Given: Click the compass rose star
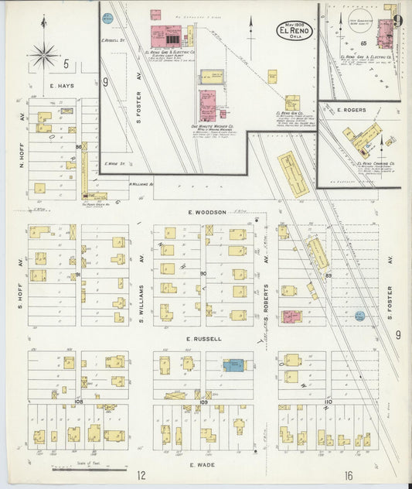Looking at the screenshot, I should (44, 54).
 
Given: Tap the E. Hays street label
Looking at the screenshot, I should (61, 86).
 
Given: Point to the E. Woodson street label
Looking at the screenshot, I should (205, 212).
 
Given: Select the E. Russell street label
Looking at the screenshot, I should (205, 338).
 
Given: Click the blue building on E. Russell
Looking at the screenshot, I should (233, 364).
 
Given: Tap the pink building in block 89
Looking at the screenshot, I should (291, 316).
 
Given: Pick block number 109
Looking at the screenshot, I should (204, 402).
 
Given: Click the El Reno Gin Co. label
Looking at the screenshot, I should (288, 114).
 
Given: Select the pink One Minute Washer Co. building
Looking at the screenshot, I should (207, 104).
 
